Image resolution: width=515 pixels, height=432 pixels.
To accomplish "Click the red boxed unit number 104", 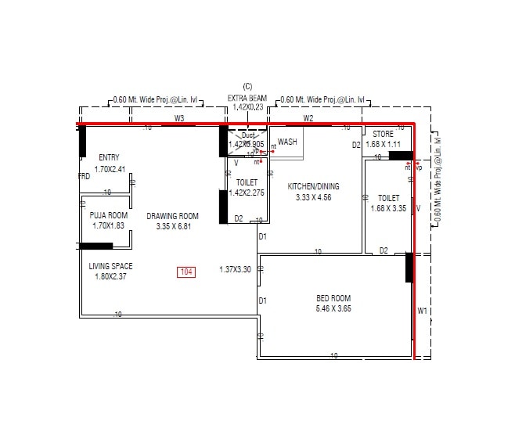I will coord(186,272).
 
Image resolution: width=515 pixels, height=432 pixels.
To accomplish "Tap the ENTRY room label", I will coord(110,157).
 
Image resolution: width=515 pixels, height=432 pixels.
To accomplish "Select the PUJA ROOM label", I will coord(109,215).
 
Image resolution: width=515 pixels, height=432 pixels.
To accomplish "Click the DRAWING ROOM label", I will coord(172,216).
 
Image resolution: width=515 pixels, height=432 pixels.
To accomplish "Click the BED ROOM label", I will coord(333,298).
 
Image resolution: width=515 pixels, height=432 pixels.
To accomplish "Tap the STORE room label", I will coord(383,135).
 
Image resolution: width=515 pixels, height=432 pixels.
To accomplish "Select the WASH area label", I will coord(287,142).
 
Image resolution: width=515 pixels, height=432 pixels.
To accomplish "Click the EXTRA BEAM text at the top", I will coord(247,99).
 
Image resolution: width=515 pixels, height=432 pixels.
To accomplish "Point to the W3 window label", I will coord(179,118).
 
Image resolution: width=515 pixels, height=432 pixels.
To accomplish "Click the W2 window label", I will coord(308,118).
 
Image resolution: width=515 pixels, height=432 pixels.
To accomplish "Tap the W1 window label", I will coord(423,311).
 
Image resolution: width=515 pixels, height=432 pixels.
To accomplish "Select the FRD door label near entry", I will coord(84,176).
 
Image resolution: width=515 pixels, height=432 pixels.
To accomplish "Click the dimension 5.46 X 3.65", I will coord(333,309).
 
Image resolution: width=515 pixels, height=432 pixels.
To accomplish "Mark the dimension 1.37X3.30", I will coord(235,269).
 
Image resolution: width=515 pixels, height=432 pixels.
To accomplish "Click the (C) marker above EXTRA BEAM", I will coord(247,86).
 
